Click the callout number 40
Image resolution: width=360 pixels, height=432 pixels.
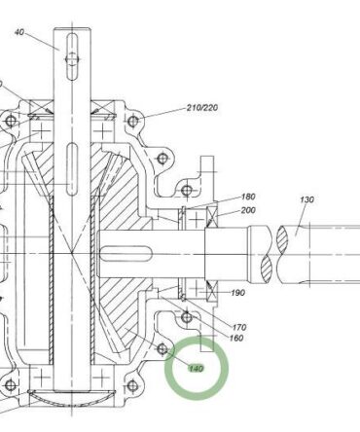[19, 32]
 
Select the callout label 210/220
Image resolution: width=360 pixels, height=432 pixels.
[202, 107]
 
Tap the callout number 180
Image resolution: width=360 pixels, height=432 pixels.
[248, 197]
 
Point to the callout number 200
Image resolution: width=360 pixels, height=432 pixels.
[248, 210]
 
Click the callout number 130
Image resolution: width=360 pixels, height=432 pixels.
[306, 199]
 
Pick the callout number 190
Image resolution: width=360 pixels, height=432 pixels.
[238, 293]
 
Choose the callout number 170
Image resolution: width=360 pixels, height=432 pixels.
[239, 327]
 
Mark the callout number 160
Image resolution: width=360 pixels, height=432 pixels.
[236, 338]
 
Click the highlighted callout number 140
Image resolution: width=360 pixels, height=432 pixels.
[196, 369]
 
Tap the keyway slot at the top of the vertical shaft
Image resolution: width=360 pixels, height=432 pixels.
[72, 55]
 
